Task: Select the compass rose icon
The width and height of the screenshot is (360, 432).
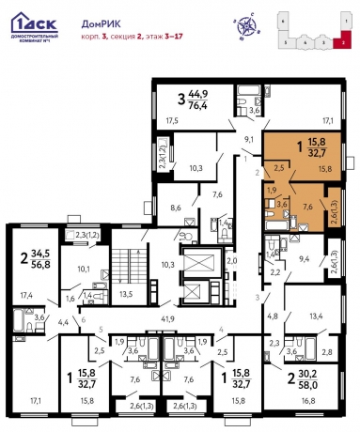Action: pyautogui.click(x=248, y=24)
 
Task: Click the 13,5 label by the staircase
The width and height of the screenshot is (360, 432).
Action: pyautogui.click(x=126, y=292)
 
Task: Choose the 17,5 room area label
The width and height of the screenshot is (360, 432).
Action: pyautogui.click(x=171, y=121)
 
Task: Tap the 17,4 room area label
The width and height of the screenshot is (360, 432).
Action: pyautogui.click(x=24, y=295)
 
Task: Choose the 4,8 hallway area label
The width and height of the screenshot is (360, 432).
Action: pyautogui.click(x=273, y=316)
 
